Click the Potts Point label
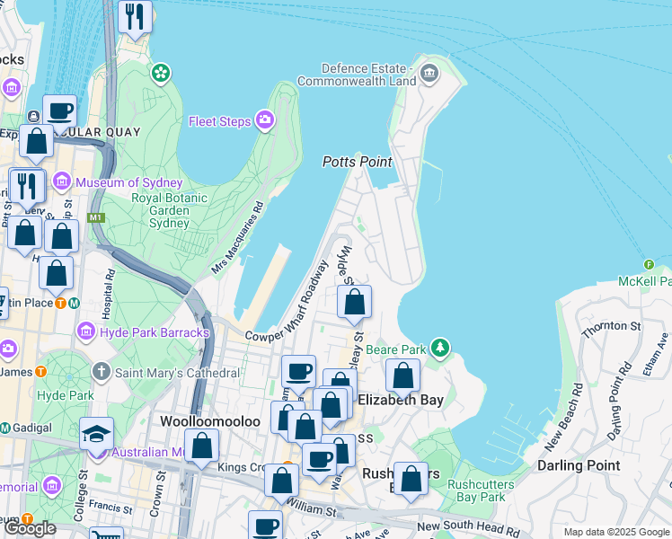(358, 162)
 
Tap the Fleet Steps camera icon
(265, 119)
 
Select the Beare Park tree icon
(439, 347)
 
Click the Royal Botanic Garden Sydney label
(169, 210)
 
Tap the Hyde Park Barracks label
(155, 332)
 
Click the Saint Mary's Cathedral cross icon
(101, 371)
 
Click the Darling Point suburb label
(579, 464)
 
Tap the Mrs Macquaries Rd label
(238, 238)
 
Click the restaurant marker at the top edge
(135, 16)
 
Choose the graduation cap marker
(96, 434)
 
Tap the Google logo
(29, 528)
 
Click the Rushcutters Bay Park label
(476, 490)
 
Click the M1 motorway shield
(96, 217)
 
